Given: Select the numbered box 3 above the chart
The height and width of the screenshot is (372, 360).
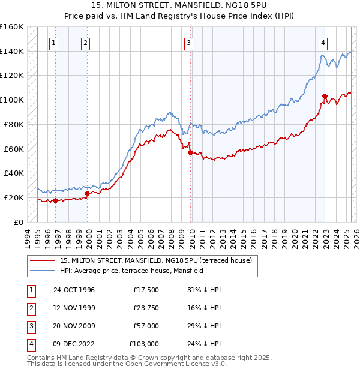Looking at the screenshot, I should (188, 43).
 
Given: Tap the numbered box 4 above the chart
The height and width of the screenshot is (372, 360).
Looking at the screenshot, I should (323, 43).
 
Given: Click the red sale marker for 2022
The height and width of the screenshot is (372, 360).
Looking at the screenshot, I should (325, 96).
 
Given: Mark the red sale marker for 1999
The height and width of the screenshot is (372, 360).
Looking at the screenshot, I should (87, 193).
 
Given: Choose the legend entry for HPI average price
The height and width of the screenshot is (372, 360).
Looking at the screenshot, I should (131, 271).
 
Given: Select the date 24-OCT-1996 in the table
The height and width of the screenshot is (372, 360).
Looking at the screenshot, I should (74, 290).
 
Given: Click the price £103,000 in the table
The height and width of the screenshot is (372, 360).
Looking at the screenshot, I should (144, 344).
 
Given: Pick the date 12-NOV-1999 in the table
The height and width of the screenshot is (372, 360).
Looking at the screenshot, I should (74, 308).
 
